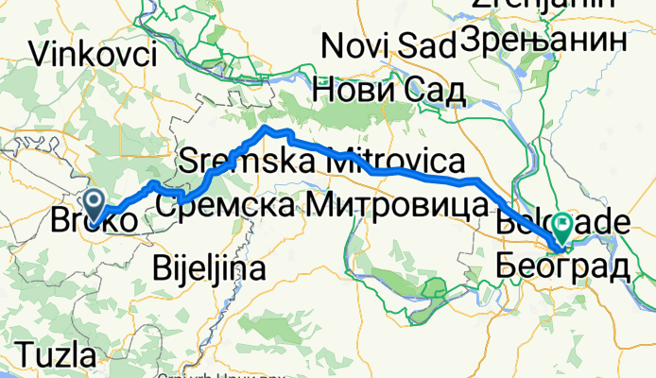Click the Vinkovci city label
(94, 54)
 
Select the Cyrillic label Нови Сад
(388, 90)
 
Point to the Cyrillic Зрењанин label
(544, 40)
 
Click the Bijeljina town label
(208, 268)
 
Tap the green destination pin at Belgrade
(563, 226)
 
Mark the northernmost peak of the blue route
(268, 127)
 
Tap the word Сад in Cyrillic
(431, 90)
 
